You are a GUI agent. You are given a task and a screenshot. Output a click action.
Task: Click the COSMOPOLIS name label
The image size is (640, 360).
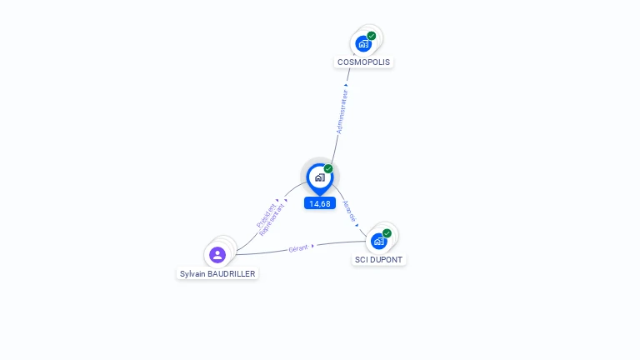(363, 62)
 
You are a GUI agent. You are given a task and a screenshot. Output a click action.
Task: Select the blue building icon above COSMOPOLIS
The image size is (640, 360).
(363, 44)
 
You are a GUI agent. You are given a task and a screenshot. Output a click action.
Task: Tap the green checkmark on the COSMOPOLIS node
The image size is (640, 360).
(372, 36)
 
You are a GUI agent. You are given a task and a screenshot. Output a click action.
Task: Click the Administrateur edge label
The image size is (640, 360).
(342, 112)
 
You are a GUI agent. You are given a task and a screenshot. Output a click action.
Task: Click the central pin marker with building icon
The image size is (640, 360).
(319, 177)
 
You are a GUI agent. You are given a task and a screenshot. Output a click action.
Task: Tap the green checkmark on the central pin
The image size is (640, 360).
(328, 169)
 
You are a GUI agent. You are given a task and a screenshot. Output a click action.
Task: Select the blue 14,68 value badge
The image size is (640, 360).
(320, 203)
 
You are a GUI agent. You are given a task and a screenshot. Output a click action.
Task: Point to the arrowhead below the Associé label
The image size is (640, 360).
(357, 224)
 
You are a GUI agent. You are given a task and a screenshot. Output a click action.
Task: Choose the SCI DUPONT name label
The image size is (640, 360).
(378, 259)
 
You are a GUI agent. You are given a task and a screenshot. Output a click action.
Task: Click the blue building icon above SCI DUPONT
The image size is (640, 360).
(379, 242)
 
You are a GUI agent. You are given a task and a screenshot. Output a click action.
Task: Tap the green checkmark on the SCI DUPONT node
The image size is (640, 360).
(387, 233)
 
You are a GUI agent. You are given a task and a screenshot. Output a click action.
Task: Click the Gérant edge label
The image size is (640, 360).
(298, 247)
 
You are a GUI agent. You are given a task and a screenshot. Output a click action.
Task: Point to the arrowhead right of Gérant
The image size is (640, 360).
(312, 246)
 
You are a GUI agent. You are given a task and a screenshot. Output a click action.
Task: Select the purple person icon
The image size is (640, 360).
(217, 254)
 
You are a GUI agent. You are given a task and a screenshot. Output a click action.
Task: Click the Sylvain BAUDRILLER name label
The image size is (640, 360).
(218, 273)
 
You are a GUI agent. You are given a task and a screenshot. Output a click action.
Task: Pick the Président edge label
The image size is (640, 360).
(265, 212)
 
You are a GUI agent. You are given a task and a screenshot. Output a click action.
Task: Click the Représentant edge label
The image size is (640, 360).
(272, 219)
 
